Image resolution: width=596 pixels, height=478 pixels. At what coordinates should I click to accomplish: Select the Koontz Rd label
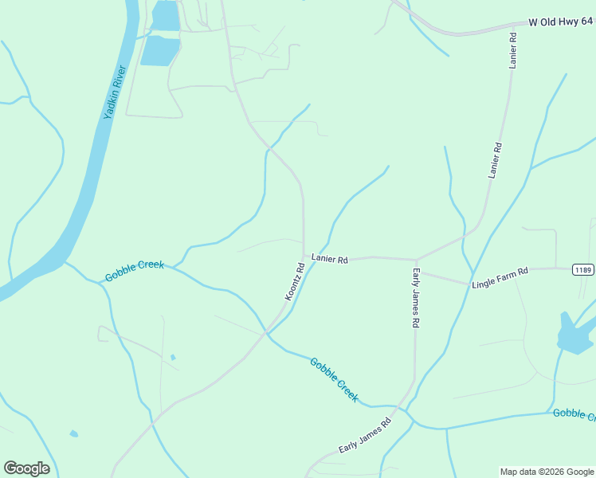click(295, 281)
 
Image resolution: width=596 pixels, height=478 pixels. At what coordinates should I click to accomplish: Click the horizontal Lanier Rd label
click(330, 260)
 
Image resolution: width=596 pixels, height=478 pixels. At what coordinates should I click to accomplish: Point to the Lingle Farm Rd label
click(500, 277)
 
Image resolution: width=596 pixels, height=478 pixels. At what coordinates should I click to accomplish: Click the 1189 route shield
click(582, 270)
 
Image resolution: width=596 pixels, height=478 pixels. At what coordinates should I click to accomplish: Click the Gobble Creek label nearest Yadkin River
click(134, 271)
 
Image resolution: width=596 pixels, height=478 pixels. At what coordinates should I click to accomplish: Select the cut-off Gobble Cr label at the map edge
click(574, 413)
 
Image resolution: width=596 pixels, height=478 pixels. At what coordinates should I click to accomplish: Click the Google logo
click(26, 468)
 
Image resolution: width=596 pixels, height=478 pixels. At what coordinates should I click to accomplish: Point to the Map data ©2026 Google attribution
click(547, 472)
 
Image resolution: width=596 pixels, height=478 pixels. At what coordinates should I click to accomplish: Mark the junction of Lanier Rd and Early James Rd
click(416, 260)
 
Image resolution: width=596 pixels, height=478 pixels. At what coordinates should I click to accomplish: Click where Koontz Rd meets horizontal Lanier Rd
click(304, 257)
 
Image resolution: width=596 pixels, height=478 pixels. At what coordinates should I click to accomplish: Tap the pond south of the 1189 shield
click(572, 335)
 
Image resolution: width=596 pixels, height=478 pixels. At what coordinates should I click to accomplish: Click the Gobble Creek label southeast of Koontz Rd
click(334, 379)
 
